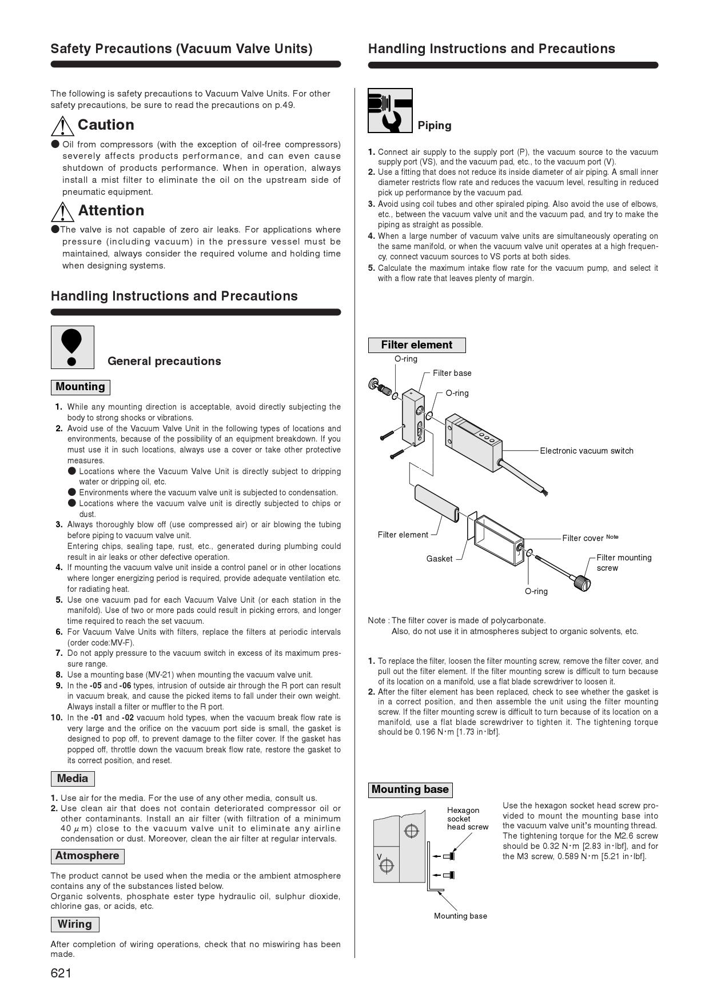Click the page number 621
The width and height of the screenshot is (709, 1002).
tap(61, 973)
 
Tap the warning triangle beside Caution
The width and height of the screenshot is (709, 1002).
tap(62, 126)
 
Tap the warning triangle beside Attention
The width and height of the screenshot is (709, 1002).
tap(62, 211)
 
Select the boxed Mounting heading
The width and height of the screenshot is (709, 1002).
tap(80, 387)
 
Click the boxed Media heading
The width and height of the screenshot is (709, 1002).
tap(73, 779)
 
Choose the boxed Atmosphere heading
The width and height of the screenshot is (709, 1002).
tap(87, 856)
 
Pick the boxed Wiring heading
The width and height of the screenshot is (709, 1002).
tap(74, 924)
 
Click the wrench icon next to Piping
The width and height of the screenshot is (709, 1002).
tap(390, 110)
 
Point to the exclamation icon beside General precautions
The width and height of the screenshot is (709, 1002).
tap(72, 347)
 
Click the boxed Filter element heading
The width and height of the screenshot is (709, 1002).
tap(416, 345)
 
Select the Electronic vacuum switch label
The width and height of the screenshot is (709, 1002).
tap(587, 451)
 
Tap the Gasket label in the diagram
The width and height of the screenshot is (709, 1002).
tap(439, 559)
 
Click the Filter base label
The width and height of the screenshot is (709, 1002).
tap(452, 373)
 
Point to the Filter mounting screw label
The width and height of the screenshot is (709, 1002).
tap(623, 563)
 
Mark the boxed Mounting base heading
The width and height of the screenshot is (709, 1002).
tap(410, 789)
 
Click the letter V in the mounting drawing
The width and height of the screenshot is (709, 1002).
tap(379, 856)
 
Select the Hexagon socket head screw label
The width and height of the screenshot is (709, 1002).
tap(467, 818)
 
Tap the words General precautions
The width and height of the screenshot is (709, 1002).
tap(164, 361)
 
